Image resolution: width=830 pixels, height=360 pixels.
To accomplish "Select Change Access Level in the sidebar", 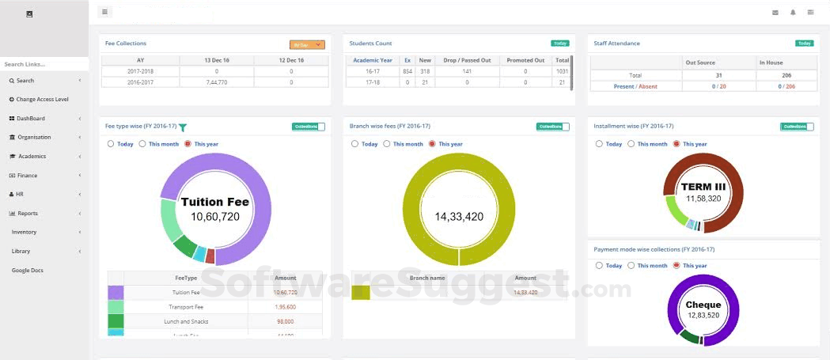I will pos(42,100).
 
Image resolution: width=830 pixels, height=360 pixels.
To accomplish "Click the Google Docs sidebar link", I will pos(28,271).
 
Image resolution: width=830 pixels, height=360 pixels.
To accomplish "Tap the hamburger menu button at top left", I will pos(104,12).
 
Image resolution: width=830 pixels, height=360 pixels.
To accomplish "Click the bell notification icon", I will pos(793,13).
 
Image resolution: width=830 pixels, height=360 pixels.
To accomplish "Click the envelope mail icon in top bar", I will pos(775,13).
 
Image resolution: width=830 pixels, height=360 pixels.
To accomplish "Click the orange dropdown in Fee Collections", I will pos(307,45).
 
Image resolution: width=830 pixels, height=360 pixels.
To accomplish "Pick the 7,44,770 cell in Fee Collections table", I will pos(216,82).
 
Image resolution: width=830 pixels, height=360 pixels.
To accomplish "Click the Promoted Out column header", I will pos(525,60).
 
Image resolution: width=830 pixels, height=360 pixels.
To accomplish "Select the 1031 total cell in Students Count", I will pos(563,71).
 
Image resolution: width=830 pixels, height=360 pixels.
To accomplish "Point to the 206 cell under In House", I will pos(786,74).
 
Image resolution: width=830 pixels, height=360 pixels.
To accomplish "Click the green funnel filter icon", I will pos(183,127).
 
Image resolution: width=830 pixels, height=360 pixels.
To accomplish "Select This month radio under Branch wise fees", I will pos(387,144).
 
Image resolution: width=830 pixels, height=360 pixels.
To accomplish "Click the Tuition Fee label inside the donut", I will pos(215,202).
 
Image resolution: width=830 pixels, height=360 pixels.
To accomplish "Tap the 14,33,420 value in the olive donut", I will pos(459,216).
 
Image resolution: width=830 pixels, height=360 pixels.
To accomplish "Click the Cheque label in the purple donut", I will pos(703,305).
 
